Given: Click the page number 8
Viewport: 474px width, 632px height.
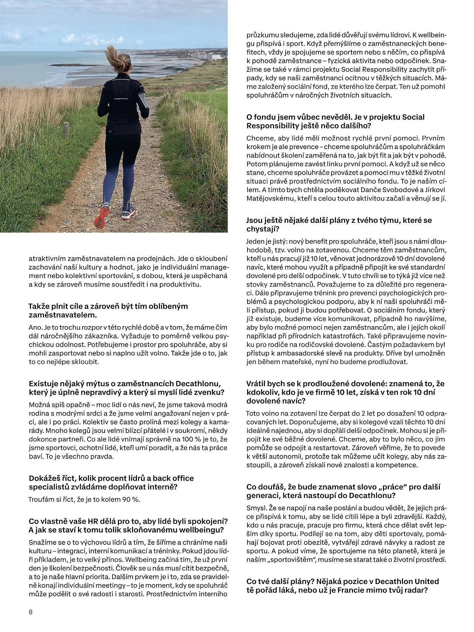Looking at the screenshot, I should click(x=31, y=612).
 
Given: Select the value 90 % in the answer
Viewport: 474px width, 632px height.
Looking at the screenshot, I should click(x=130, y=499).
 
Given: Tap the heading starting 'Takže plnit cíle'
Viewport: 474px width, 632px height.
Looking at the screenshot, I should click(x=108, y=310).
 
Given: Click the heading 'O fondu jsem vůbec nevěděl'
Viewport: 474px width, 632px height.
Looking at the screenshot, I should click(x=335, y=121).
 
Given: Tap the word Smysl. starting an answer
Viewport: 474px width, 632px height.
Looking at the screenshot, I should click(x=256, y=508).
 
